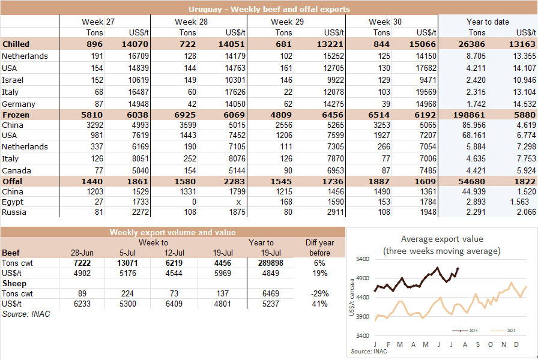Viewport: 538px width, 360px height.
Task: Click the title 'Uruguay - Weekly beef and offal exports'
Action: (x=269, y=10)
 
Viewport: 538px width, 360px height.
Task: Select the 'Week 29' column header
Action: (x=282, y=22)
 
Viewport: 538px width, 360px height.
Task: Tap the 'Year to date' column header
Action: (x=488, y=22)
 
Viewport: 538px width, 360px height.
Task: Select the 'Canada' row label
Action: (x=16, y=170)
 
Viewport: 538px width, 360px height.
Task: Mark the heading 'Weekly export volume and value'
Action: (x=173, y=232)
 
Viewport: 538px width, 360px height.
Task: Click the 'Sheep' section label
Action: (x=14, y=284)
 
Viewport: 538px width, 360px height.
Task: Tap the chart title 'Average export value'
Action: (x=442, y=239)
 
